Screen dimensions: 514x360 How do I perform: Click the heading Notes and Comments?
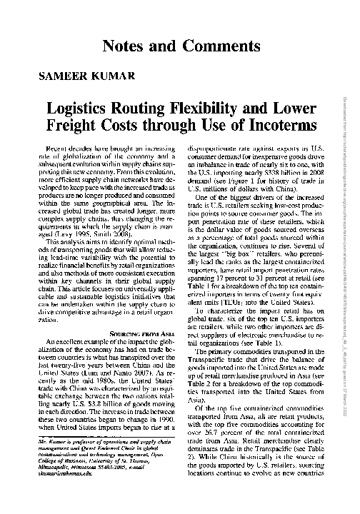coord(181,46)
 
